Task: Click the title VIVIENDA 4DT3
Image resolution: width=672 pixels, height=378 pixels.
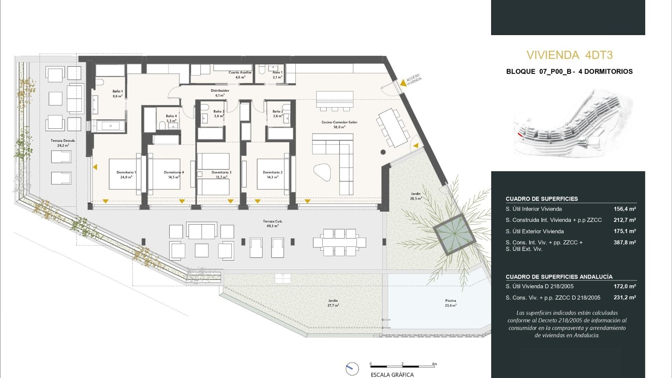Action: pos(569,55)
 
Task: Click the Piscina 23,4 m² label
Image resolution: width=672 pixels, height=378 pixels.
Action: pos(450,303)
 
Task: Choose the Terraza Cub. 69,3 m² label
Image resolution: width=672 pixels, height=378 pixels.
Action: pos(272,223)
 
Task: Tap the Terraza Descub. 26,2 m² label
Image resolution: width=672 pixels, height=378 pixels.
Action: pos(63,143)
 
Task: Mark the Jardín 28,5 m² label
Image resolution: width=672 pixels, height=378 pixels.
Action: pos(416,196)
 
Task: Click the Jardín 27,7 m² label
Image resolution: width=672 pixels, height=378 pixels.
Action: pos(333,303)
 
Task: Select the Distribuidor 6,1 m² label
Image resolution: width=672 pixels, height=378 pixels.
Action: pos(220,93)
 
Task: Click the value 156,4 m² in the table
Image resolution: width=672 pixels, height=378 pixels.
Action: pos(624,209)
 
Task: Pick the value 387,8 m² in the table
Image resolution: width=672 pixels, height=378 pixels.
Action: pos(624,242)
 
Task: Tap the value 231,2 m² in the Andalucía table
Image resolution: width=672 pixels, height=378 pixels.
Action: pos(624,297)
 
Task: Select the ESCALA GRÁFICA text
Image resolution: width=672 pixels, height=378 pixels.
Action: pos(392,374)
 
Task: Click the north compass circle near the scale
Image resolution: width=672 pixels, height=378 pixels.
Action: pos(352,369)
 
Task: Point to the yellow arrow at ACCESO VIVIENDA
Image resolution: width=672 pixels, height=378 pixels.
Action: pos(403,83)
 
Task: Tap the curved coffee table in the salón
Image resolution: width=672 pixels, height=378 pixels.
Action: pos(322,172)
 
